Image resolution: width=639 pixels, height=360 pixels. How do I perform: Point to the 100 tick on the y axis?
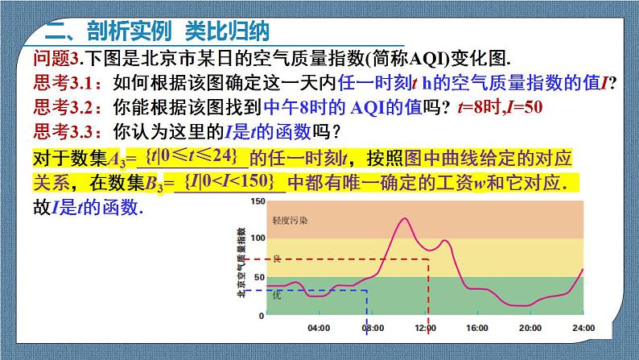click(x=256, y=238)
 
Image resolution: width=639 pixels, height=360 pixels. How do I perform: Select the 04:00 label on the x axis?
click(x=319, y=328)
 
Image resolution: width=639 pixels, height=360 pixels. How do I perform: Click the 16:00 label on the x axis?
click(x=477, y=328)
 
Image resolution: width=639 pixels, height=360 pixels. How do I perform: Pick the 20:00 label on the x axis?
click(x=530, y=328)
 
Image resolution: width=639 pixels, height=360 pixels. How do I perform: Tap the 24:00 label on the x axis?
click(x=583, y=328)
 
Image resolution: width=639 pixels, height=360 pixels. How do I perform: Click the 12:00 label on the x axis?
click(x=425, y=328)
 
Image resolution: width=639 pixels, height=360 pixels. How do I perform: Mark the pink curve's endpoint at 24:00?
click(x=583, y=269)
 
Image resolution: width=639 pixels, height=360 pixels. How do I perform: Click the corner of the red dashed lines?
click(x=425, y=259)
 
